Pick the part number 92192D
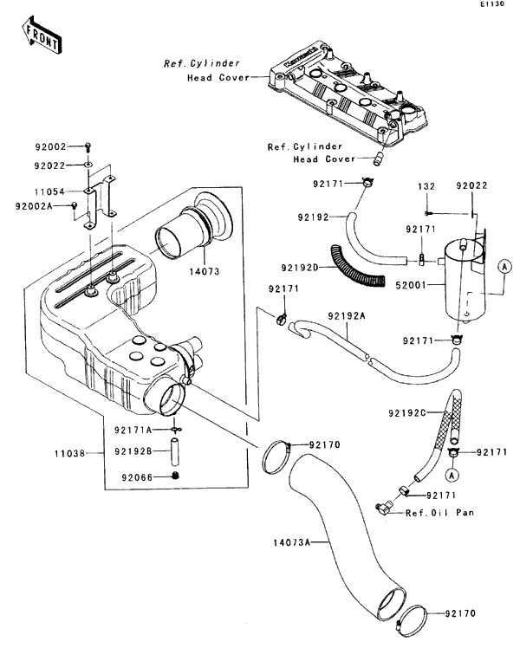coord(301,268)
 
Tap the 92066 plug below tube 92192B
coord(174,476)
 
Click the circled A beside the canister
coord(503,269)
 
